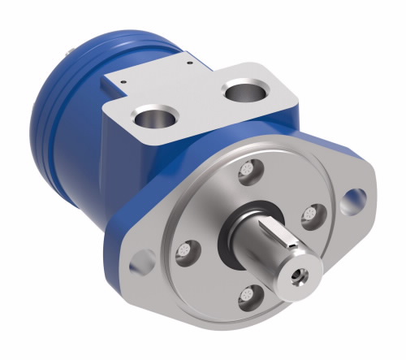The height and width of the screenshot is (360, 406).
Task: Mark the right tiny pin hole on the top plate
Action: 187,61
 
